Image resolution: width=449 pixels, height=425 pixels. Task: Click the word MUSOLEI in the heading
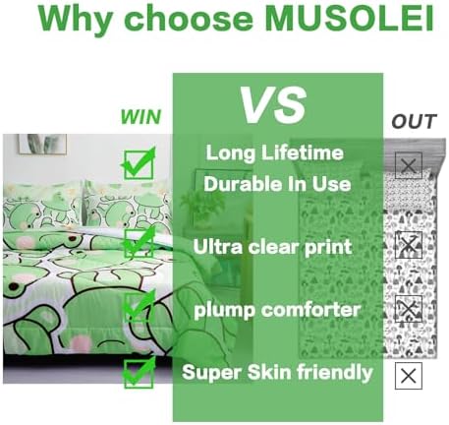pos(350,19)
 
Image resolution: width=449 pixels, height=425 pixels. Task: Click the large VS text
pos(273,105)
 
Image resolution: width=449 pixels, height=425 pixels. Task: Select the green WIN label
pos(140,117)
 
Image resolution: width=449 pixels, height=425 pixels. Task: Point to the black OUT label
pos(414,121)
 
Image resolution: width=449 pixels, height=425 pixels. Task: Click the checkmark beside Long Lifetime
pos(139,163)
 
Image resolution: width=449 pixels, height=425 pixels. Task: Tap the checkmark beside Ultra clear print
pos(139,242)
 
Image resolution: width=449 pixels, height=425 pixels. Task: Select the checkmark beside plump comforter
pos(139,307)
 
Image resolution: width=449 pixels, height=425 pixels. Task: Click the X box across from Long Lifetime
pos(409,165)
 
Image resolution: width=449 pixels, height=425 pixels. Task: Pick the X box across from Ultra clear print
pos(409,245)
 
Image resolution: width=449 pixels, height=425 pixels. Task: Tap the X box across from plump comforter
pos(409,309)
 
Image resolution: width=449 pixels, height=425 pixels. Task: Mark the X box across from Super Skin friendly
pos(409,376)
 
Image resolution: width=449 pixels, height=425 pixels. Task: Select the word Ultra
pos(218,247)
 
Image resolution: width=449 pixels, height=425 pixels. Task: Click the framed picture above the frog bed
pos(42,144)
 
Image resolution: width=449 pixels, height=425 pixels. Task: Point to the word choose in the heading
pos(189,20)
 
